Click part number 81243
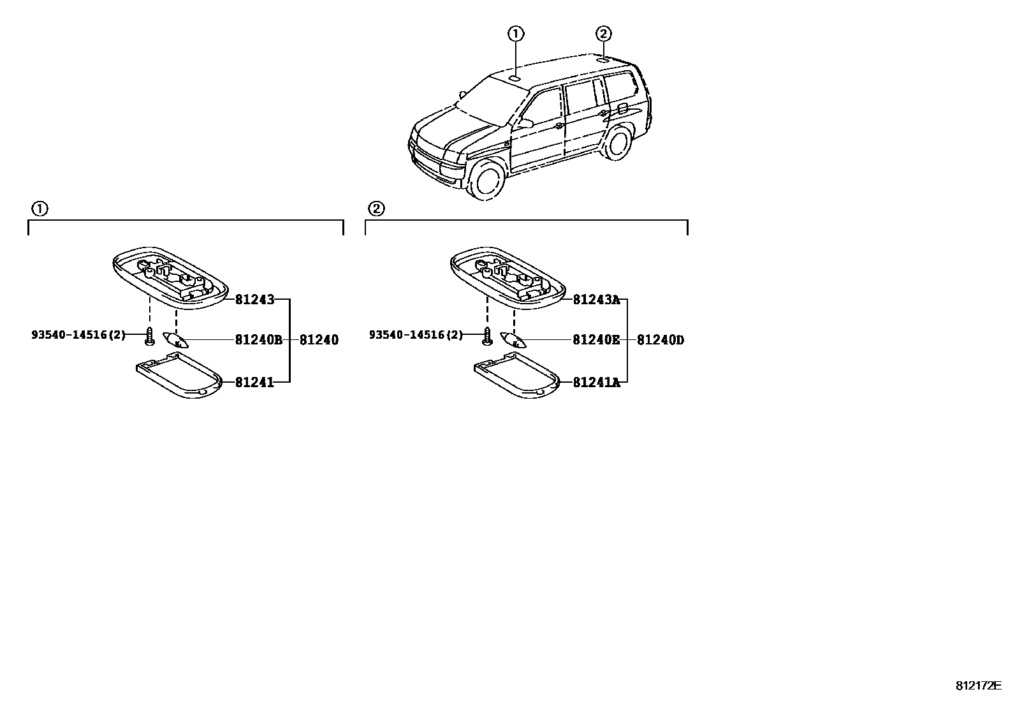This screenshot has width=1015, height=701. click(x=254, y=299)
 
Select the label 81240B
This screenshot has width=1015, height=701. click(x=258, y=340)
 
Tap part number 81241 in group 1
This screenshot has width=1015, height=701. click(x=254, y=382)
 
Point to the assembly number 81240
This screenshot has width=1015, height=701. click(x=319, y=340)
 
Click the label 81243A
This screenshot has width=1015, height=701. click(x=596, y=299)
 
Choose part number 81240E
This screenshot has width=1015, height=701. click(x=596, y=340)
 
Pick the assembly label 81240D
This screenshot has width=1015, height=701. click(x=661, y=340)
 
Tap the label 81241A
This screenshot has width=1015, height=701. click(x=596, y=382)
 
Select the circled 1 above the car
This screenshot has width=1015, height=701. click(x=516, y=34)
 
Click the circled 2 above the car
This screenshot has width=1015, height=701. click(x=603, y=34)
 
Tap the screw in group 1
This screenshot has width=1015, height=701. click(x=149, y=336)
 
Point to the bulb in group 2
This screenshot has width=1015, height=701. click(x=514, y=339)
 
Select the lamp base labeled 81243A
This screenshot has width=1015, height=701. click(x=507, y=279)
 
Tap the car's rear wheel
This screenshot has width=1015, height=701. click(x=616, y=143)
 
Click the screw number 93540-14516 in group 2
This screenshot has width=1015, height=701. click(x=416, y=334)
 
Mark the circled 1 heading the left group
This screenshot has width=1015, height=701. click(x=40, y=209)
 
